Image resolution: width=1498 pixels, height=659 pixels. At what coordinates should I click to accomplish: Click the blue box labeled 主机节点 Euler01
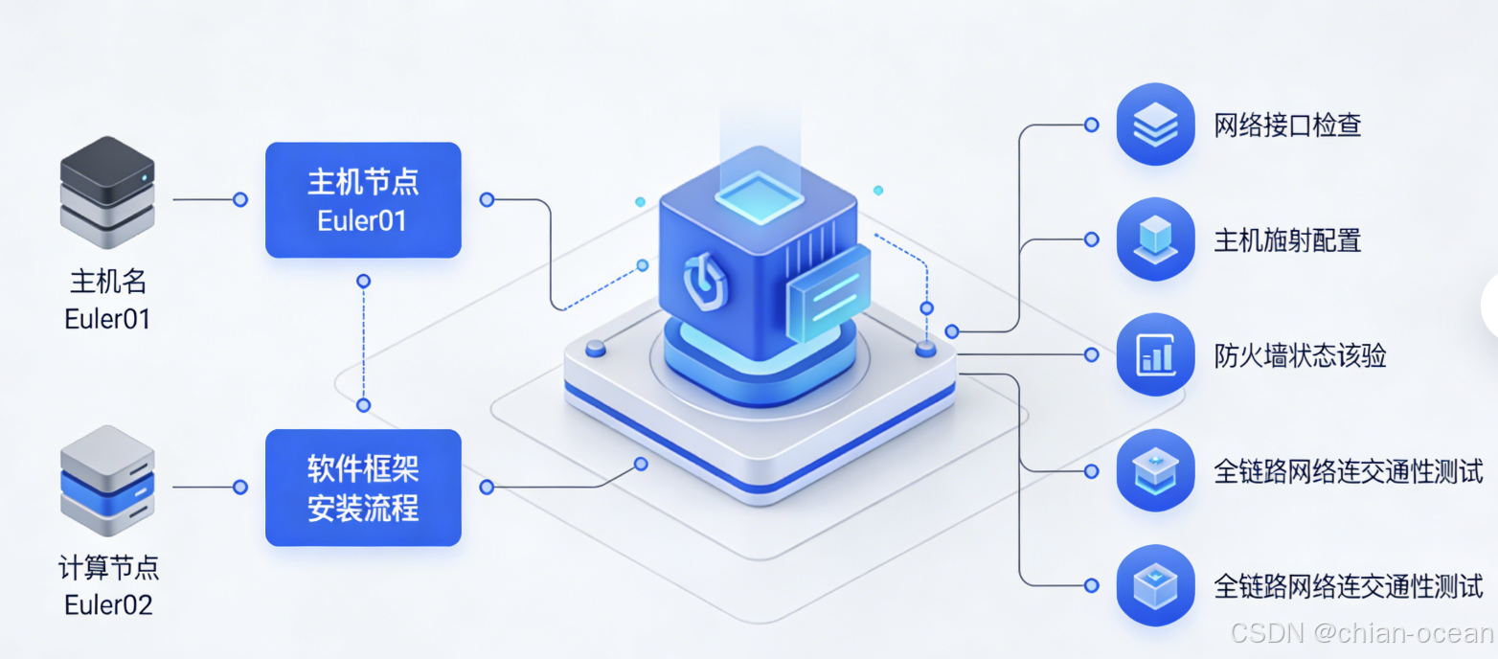pyautogui.click(x=363, y=199)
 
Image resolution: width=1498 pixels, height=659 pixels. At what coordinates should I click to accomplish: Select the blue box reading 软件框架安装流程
pyautogui.click(x=363, y=488)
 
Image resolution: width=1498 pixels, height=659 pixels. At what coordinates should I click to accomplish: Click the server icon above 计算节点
pyautogui.click(x=107, y=481)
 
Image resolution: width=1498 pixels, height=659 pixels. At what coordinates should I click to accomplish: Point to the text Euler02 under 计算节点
pyautogui.click(x=108, y=605)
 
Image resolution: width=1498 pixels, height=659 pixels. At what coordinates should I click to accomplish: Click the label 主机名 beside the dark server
pyautogui.click(x=108, y=282)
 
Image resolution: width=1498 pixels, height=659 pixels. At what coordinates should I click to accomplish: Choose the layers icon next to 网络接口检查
pyautogui.click(x=1155, y=125)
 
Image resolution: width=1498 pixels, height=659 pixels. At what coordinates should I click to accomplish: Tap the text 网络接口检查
pyautogui.click(x=1287, y=125)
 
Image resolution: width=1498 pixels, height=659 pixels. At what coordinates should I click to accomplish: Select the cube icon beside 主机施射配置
pyautogui.click(x=1155, y=239)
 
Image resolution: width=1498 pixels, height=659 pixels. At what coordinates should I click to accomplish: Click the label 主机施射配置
pyautogui.click(x=1287, y=240)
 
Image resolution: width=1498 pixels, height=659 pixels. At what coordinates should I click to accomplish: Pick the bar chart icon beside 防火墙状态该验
pyautogui.click(x=1155, y=355)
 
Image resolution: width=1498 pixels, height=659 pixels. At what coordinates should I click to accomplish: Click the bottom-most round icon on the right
pyautogui.click(x=1155, y=585)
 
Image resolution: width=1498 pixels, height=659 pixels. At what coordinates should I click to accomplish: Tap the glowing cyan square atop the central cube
pyautogui.click(x=757, y=196)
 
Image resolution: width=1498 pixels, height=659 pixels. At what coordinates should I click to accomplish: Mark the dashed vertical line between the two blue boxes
pyautogui.click(x=363, y=343)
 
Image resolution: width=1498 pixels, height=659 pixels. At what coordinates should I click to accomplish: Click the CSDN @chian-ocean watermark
pyautogui.click(x=1361, y=633)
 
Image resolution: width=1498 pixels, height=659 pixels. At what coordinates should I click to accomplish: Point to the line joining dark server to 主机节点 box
pyautogui.click(x=206, y=199)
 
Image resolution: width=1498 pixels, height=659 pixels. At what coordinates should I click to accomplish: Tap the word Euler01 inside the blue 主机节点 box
pyautogui.click(x=362, y=220)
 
